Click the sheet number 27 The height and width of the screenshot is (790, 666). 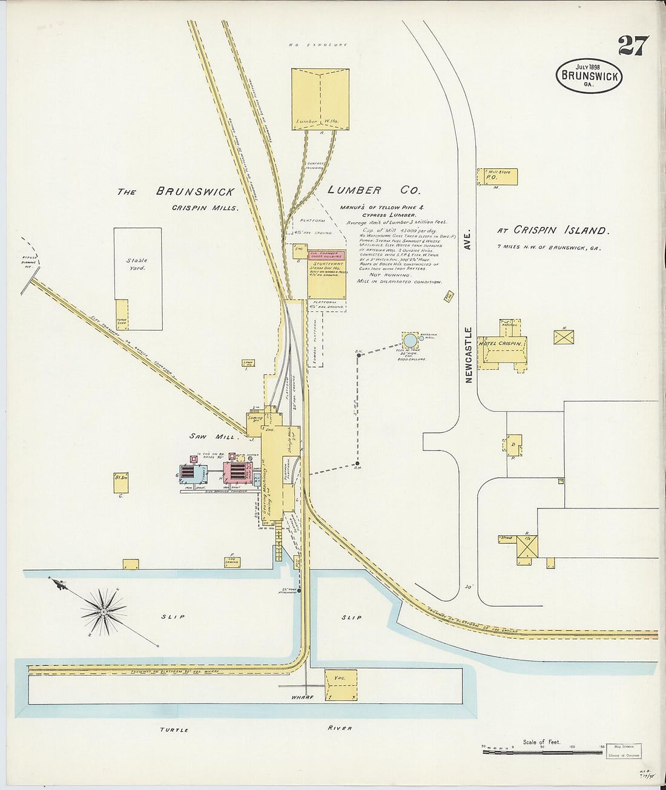coord(633,46)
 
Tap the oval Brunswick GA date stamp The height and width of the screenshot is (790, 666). coord(589,76)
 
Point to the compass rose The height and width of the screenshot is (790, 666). coord(104,611)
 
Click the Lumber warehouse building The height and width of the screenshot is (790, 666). coord(320,99)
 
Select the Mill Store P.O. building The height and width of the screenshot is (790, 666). coord(499,176)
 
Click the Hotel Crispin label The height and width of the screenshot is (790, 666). coord(500,343)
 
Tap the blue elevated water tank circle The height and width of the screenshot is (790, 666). coord(410,341)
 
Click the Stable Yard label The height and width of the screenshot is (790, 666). coord(137,264)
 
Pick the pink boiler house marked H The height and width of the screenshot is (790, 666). coord(236,471)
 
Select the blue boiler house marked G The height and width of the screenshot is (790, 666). coord(193,473)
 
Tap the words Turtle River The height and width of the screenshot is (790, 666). coord(254,729)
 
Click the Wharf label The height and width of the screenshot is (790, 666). coord(302,697)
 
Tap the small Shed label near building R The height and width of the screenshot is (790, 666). coord(506,538)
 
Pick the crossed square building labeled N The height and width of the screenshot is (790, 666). coord(563,337)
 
